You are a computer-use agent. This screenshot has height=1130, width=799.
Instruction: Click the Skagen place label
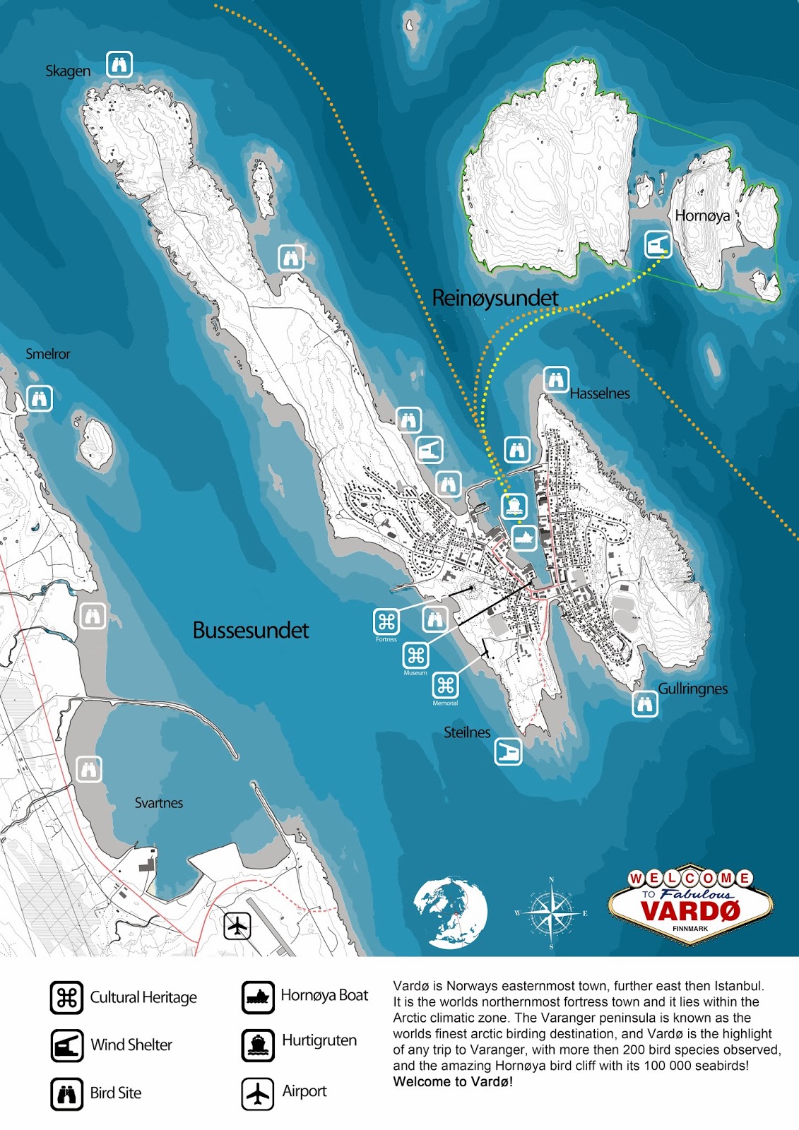pyautogui.click(x=68, y=71)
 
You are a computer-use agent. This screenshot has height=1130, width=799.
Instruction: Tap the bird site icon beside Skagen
pyautogui.click(x=119, y=64)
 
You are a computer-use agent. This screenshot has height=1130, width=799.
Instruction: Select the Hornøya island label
pyautogui.click(x=702, y=215)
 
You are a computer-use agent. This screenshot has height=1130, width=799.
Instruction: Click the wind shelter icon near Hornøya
pyautogui.click(x=658, y=245)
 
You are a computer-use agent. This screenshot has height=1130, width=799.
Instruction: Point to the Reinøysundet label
pyautogui.click(x=495, y=297)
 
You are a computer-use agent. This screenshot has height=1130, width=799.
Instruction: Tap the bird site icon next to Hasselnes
pyautogui.click(x=556, y=380)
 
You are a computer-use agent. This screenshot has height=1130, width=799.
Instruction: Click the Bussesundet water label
pyautogui.click(x=251, y=630)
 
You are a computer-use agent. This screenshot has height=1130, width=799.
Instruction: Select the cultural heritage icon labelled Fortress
pyautogui.click(x=386, y=621)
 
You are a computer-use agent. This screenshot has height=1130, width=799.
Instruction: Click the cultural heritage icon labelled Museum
pyautogui.click(x=415, y=656)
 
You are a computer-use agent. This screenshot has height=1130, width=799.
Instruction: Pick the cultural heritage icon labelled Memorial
pyautogui.click(x=445, y=685)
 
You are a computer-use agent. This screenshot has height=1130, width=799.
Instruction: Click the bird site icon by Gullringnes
pyautogui.click(x=644, y=704)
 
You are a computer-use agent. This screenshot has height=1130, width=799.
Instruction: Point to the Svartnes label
pyautogui.click(x=158, y=803)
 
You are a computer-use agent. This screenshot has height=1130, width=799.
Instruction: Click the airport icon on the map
pyautogui.click(x=237, y=925)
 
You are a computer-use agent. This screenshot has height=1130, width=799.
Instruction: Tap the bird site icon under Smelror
pyautogui.click(x=40, y=399)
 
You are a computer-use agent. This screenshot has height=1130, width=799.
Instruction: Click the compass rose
pyautogui.click(x=551, y=913)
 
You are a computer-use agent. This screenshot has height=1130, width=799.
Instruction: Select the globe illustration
pyautogui.click(x=450, y=912)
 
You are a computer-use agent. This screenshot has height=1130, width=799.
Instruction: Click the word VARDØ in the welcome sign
pyautogui.click(x=690, y=910)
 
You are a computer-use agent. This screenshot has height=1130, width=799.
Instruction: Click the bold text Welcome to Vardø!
pyautogui.click(x=453, y=1082)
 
